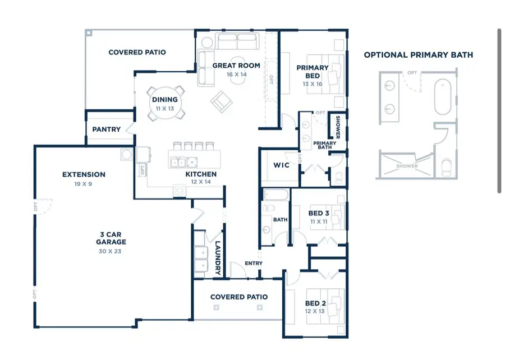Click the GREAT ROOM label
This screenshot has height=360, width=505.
point(236,66)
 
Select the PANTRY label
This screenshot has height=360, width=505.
point(107,130)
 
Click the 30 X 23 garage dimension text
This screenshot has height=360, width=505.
point(110,251)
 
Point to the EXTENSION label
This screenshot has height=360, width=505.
point(84,174)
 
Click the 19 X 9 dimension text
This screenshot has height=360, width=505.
point(84,183)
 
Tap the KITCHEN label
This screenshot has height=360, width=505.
point(201,174)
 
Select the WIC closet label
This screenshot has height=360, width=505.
point(281,165)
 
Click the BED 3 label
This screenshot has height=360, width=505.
point(319,213)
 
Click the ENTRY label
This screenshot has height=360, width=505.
point(254,264)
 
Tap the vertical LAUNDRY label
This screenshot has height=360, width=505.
point(218,258)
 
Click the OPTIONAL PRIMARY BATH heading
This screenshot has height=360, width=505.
point(418,55)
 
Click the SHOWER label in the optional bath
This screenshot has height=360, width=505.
point(407,166)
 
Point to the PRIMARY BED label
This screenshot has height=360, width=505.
point(313,72)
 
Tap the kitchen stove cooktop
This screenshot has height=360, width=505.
point(180,190)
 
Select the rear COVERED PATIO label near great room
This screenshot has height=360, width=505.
point(137,52)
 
